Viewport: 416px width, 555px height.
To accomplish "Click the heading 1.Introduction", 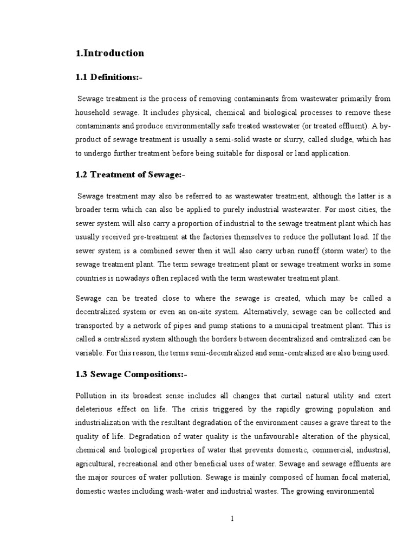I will [110, 53].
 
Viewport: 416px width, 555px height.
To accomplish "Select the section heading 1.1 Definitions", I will [109, 78].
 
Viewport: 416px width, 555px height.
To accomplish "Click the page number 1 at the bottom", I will [232, 519].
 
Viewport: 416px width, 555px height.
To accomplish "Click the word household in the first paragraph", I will [93, 113].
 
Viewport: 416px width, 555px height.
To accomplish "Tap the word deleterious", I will [95, 409].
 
